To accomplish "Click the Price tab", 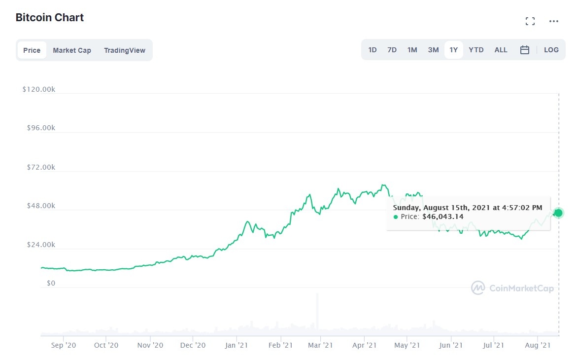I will pyautogui.click(x=32, y=50).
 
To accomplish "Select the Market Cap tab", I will pyautogui.click(x=72, y=50).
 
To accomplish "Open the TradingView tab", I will pyautogui.click(x=125, y=50).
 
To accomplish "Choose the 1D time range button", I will pyautogui.click(x=373, y=50).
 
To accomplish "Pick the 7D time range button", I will pyautogui.click(x=392, y=50).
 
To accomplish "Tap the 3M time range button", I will pyautogui.click(x=433, y=50).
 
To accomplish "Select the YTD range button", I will pyautogui.click(x=476, y=50).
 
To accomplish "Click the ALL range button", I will pyautogui.click(x=501, y=50).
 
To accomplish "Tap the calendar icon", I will pyautogui.click(x=525, y=50).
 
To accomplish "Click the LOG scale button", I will pyautogui.click(x=551, y=50).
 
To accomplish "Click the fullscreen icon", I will pyautogui.click(x=530, y=21).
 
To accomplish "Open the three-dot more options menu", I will pyautogui.click(x=554, y=21).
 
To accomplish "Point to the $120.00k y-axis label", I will pyautogui.click(x=38, y=89).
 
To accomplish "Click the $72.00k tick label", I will pyautogui.click(x=41, y=167).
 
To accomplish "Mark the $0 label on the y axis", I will pyautogui.click(x=51, y=284).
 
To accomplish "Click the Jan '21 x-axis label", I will pyautogui.click(x=236, y=345).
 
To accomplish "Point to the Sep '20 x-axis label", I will pyautogui.click(x=64, y=345).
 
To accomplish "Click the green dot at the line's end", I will pyautogui.click(x=558, y=213).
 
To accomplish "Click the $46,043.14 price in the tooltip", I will pyautogui.click(x=442, y=216).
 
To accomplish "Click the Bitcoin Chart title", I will pyautogui.click(x=50, y=18).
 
